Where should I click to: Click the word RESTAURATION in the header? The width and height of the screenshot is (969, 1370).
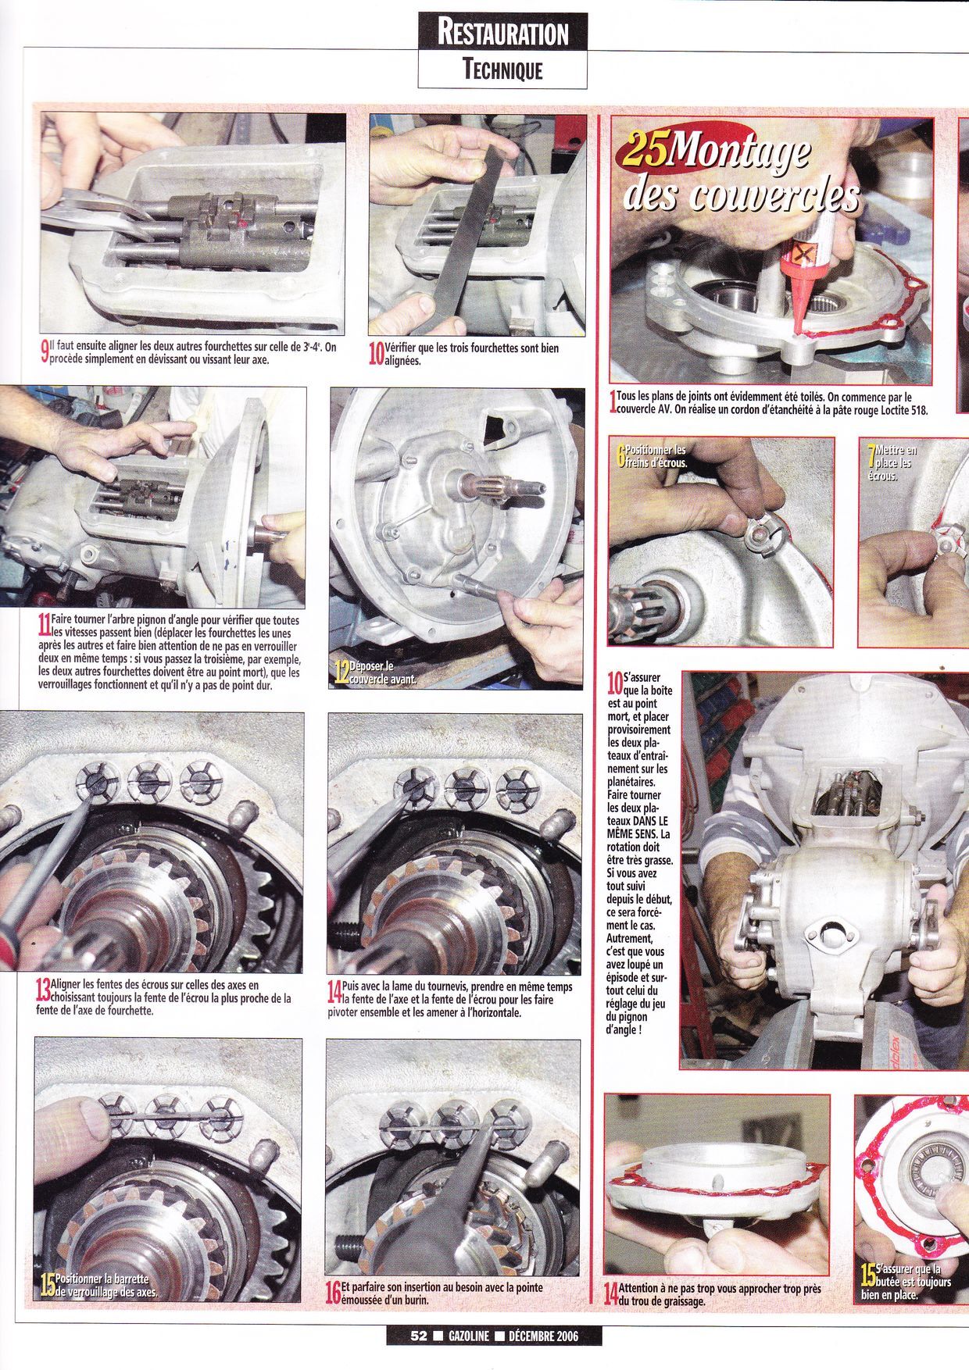coord(502,33)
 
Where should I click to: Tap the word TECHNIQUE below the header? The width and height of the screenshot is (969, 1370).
coord(502,70)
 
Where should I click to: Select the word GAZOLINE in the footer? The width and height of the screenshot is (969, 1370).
coord(469,1336)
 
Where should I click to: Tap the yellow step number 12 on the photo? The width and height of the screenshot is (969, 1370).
coord(341,673)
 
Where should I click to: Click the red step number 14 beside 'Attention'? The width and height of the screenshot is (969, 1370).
coord(611,1293)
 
